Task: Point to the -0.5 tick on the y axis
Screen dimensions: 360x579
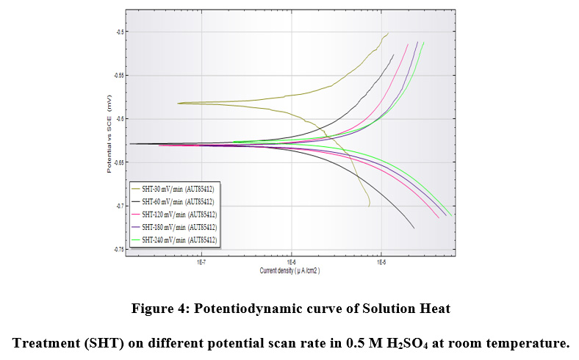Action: click(120, 32)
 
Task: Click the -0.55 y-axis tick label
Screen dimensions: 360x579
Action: click(118, 75)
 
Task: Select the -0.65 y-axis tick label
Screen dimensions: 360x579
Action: click(118, 162)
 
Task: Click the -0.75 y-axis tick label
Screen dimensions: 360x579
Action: click(118, 250)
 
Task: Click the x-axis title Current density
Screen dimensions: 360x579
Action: click(289, 270)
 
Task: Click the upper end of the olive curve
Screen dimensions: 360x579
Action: click(388, 32)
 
